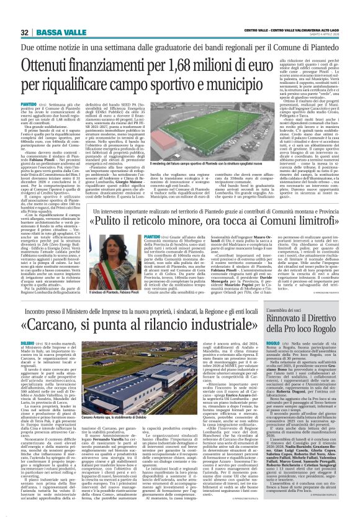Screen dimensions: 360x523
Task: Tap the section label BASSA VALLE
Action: (x=53, y=32)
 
